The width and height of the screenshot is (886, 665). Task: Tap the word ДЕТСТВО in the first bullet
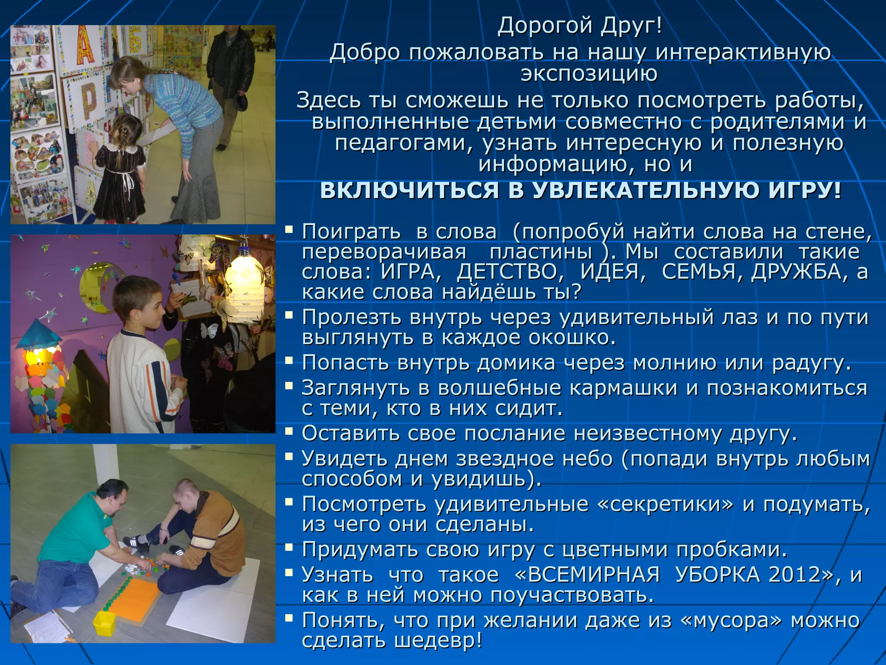tap(510, 272)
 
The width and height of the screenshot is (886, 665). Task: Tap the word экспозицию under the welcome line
tap(589, 74)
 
